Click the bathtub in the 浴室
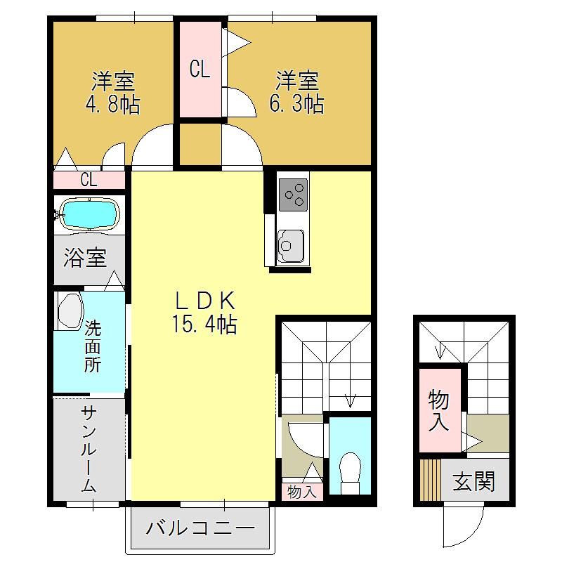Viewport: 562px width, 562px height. point(89,214)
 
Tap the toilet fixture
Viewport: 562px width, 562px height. point(350,472)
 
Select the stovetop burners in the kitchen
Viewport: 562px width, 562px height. point(293,195)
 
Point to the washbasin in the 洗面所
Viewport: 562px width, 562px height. point(70,311)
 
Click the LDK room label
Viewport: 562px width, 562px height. point(205,301)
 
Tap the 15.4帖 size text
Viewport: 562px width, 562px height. point(204,324)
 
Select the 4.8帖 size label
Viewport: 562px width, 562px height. point(112,104)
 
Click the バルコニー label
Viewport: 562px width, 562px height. point(200,528)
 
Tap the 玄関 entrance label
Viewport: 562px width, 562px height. point(473,481)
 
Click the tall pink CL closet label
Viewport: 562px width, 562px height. point(200,69)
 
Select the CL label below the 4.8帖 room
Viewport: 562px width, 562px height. point(89,180)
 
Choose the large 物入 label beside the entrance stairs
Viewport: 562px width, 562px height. point(438,411)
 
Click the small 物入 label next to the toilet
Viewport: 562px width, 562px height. point(302,492)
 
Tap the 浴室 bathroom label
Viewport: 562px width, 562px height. point(85,257)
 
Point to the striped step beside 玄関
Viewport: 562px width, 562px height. point(430,480)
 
